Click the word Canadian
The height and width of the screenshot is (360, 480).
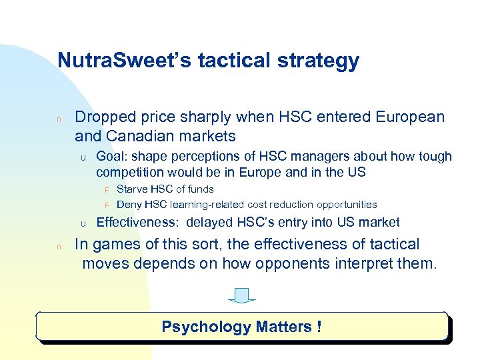click(x=137, y=137)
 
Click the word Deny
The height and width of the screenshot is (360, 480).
click(x=128, y=205)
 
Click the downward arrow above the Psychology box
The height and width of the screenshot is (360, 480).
click(x=241, y=295)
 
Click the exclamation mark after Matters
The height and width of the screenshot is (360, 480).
click(x=319, y=327)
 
